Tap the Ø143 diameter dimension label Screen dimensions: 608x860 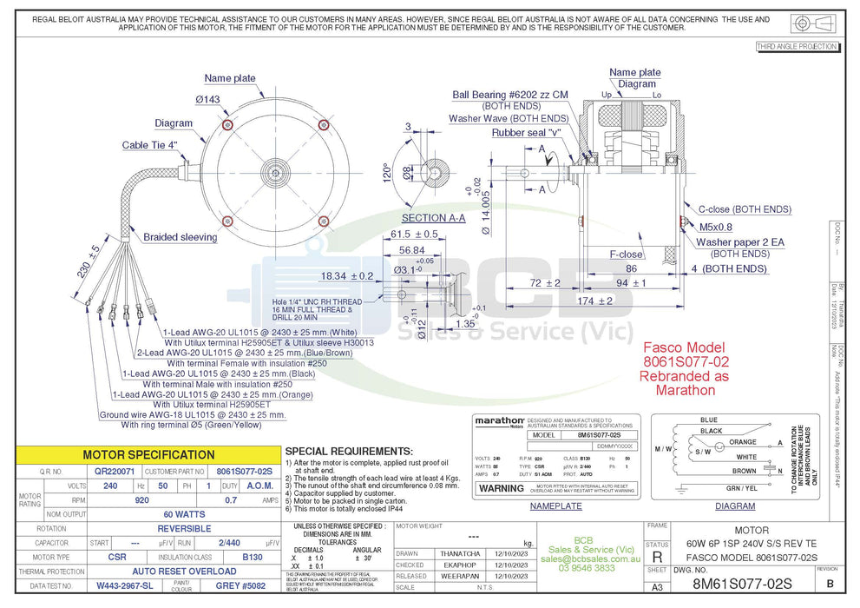tap(207, 100)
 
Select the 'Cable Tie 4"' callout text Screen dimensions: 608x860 tap(149, 145)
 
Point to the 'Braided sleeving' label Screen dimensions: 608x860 tap(180, 237)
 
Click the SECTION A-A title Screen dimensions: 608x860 tap(433, 218)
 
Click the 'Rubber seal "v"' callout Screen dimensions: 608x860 tap(526, 133)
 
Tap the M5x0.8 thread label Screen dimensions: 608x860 tap(715, 226)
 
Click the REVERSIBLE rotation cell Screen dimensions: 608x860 tap(184, 528)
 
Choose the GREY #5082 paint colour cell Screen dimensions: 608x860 tap(240, 586)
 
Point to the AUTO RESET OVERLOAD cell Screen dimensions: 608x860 tap(184, 572)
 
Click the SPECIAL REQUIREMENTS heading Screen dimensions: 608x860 tap(348, 452)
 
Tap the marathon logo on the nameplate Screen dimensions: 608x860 tap(499, 420)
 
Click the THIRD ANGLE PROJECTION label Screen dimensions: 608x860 tap(797, 47)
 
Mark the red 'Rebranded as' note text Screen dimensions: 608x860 tap(685, 377)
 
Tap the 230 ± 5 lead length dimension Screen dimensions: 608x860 tap(89, 261)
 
